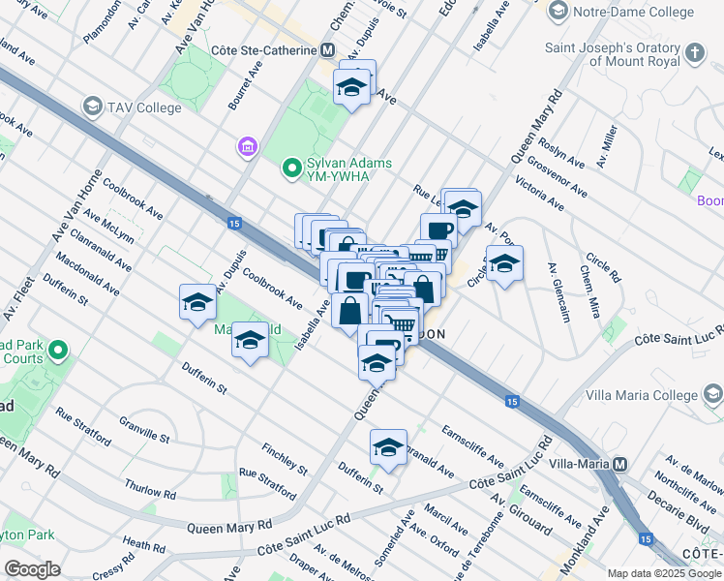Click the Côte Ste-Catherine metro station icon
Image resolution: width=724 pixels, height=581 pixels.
(x=328, y=50)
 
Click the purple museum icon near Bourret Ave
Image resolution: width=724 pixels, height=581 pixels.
(x=246, y=147)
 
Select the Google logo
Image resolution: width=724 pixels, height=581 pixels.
(x=32, y=569)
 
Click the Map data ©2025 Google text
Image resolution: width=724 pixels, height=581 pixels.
(x=664, y=573)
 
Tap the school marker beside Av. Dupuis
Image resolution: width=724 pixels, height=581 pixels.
(x=197, y=301)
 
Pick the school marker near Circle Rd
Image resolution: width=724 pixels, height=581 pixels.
(x=503, y=262)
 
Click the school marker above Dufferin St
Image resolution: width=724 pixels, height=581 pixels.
(x=388, y=446)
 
